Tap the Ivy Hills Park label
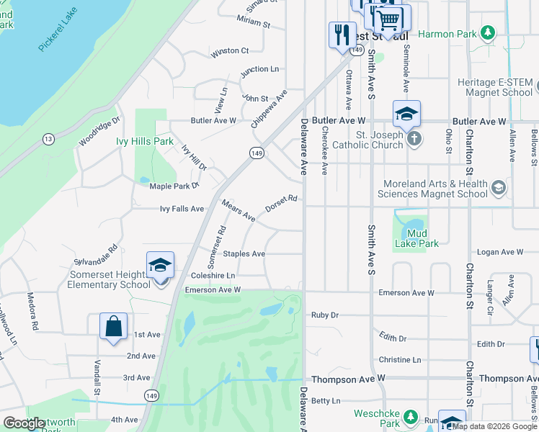[x=145, y=141]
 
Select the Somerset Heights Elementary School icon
[x=160, y=265]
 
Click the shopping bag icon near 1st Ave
[x=114, y=326]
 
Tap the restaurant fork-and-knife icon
[x=342, y=34]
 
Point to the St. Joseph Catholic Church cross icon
[x=414, y=139]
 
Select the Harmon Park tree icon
[x=489, y=33]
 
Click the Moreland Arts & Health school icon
[x=497, y=189]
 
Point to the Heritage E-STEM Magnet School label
[x=495, y=87]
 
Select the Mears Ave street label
[x=239, y=210]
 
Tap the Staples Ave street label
[x=244, y=253]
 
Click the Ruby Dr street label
[x=324, y=315]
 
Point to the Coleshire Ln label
[x=213, y=275]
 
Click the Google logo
[x=24, y=423]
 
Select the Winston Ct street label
[x=229, y=51]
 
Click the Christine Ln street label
[x=400, y=359]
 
